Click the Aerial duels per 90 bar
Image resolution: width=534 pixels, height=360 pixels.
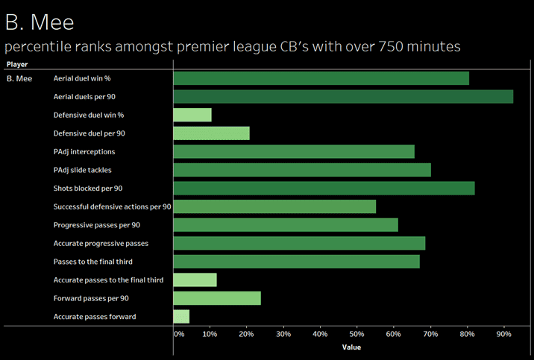pos(343,96)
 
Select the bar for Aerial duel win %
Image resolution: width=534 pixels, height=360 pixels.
pos(321,78)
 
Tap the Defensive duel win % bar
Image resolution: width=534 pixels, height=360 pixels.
pos(192,115)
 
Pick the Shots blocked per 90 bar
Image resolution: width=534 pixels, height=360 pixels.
pos(324,188)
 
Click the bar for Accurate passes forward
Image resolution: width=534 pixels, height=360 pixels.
pos(181,317)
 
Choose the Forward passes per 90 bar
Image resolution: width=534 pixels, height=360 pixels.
pos(217,298)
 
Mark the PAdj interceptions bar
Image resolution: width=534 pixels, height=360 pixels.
pos(294,151)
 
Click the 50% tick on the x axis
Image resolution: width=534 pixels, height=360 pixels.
pos(357,334)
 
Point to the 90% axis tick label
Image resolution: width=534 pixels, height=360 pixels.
pos(504,334)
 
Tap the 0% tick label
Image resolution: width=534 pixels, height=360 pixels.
pos(179,334)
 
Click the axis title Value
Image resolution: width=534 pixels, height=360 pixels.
pos(351,347)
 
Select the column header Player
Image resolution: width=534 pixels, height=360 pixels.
pos(17,65)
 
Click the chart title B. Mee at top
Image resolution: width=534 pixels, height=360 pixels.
pos(40,22)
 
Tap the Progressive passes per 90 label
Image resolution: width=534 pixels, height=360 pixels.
pos(97,225)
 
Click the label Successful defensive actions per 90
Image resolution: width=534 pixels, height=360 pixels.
pos(113,206)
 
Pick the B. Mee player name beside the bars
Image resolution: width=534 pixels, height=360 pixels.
pos(19,78)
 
